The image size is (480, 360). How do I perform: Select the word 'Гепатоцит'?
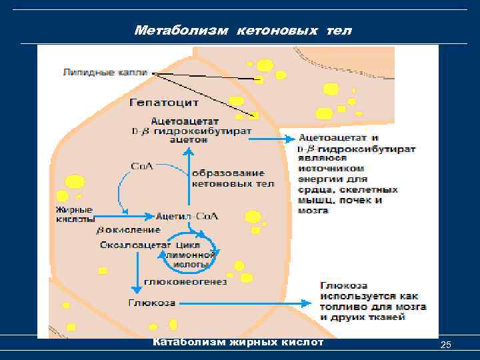pyautogui.click(x=164, y=103)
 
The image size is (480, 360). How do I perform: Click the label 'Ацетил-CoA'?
pyautogui.click(x=187, y=216)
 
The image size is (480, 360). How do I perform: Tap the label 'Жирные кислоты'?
pyautogui.click(x=75, y=213)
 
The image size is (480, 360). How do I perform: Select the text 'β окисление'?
pyautogui.click(x=129, y=230)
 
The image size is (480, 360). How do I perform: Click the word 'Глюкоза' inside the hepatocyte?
pyautogui.click(x=151, y=303)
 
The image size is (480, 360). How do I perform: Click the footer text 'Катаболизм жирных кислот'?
pyautogui.click(x=238, y=343)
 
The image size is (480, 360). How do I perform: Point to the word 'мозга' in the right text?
pyautogui.click(x=314, y=210)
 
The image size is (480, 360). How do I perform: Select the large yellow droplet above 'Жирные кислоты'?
pyautogui.click(x=75, y=181)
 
